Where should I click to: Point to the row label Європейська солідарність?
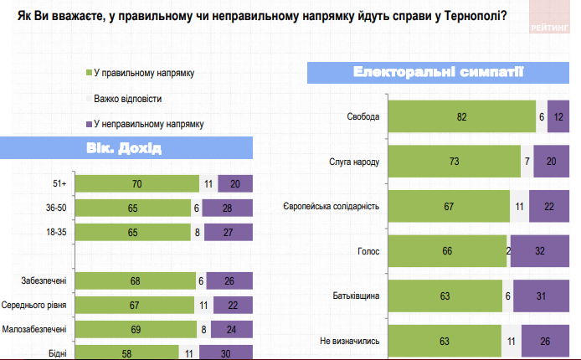pyautogui.click(x=333, y=206)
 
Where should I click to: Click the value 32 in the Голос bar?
pyautogui.click(x=540, y=250)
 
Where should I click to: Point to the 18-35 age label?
pyautogui.click(x=59, y=232)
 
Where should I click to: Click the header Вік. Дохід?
pyautogui.click(x=123, y=149)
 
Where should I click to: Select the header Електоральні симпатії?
pyautogui.click(x=439, y=72)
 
